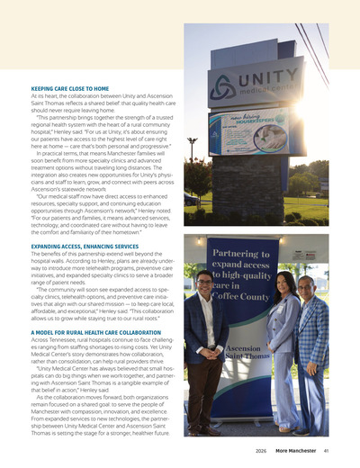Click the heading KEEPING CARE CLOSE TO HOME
[x=71, y=89]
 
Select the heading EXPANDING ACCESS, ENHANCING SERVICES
[x=85, y=247]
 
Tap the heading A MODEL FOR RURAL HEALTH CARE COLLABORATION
[x=96, y=332]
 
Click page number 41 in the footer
[x=326, y=451]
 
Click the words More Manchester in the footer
[x=296, y=451]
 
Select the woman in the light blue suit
[x=284, y=351]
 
